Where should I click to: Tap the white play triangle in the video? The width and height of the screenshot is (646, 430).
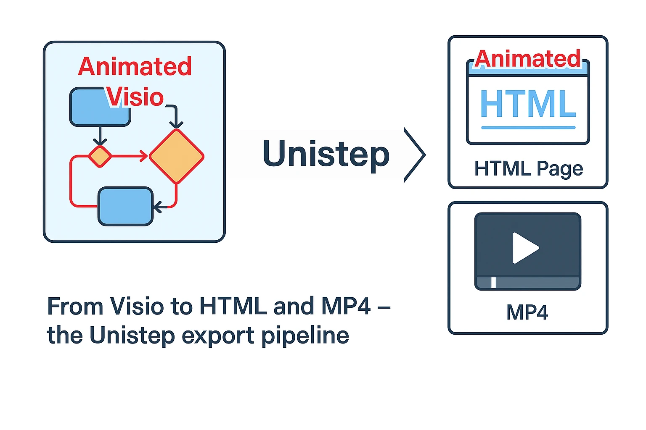click(524, 248)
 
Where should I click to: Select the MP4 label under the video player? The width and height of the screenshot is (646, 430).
click(527, 312)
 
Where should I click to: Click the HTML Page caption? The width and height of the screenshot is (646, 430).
click(528, 169)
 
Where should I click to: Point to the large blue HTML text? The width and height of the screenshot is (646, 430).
click(528, 104)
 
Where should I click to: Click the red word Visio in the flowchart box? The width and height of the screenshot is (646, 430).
click(135, 97)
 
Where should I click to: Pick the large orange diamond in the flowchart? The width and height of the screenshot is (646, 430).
click(177, 156)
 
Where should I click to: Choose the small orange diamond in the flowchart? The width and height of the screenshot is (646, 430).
click(100, 156)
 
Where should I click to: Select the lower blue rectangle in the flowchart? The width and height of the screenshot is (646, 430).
click(125, 206)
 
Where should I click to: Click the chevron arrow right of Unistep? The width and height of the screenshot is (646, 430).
click(414, 155)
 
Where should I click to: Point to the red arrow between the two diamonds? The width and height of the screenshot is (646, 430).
click(130, 156)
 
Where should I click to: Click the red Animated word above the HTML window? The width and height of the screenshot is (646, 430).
click(528, 59)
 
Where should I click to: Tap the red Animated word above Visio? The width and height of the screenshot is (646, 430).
click(135, 66)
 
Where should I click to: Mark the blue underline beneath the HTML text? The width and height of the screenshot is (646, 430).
click(528, 127)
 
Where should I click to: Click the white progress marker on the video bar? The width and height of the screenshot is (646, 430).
click(493, 282)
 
